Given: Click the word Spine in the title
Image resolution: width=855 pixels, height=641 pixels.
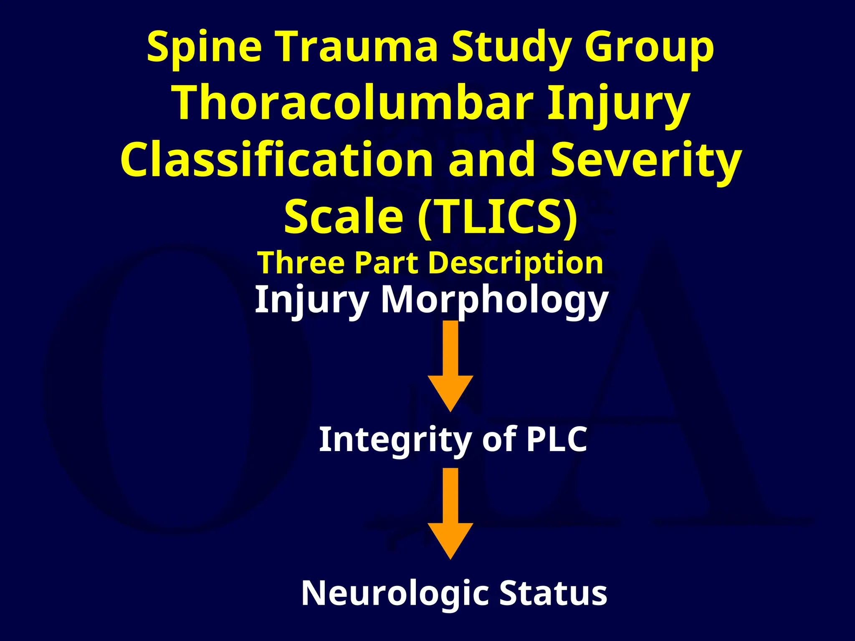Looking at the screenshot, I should [204, 48].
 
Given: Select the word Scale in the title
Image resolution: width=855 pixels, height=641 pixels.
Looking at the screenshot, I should [343, 217].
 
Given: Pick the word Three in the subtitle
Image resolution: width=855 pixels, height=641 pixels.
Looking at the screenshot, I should [301, 262].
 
